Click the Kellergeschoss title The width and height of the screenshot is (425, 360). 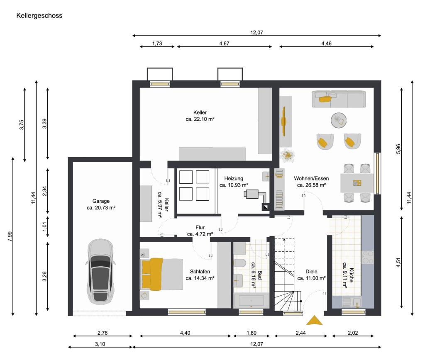39,15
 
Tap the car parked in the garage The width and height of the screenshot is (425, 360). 100,272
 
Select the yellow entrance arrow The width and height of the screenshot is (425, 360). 315,320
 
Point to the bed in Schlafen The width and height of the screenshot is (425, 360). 161,274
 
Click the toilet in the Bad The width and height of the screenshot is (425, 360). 239,263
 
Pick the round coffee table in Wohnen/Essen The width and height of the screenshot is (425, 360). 339,120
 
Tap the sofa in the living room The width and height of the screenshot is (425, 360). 339,99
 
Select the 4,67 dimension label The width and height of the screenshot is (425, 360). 224,43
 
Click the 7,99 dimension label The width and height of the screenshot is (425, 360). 10,236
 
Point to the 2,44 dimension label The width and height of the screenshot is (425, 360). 300,333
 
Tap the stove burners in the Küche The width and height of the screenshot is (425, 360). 368,257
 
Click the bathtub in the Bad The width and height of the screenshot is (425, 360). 251,301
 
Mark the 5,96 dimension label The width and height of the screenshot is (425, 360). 398,149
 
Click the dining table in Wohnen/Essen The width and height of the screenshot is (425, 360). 357,183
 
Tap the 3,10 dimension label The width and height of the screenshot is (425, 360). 100,344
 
